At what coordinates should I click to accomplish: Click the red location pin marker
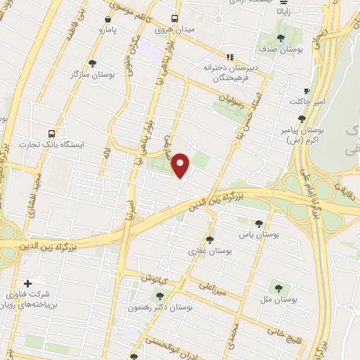(181, 165)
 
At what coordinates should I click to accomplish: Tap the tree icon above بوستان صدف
(281, 38)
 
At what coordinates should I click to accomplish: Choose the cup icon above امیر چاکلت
(307, 91)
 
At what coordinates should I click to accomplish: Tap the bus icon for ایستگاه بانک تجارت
(51, 133)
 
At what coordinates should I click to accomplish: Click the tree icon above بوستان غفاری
(210, 239)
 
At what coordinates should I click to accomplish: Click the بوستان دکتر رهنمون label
(161, 308)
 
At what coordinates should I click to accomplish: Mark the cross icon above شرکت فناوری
(28, 283)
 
